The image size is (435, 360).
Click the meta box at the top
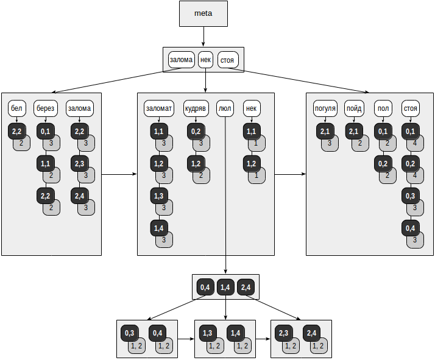coord(203,14)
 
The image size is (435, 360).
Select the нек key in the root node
coord(205,60)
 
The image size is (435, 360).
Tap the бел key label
coord(16,108)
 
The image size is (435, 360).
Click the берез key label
coord(45,108)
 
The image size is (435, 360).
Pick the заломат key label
coord(159,108)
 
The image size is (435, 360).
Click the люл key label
coord(225,108)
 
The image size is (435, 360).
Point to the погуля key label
coord(325,108)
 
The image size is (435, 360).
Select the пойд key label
coord(353,108)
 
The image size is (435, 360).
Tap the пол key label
coord(383,108)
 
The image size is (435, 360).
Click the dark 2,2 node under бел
coord(16,132)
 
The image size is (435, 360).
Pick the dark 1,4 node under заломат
coord(159,228)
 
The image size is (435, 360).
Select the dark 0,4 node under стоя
coord(410,228)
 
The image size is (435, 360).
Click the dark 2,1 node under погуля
coord(325,132)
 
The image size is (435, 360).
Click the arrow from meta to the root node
coord(203,37)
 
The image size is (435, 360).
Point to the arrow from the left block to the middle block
coord(119,174)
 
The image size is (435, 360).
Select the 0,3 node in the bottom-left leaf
coord(130,333)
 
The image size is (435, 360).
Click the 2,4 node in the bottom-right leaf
coord(311,333)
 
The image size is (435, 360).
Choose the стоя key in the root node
coord(228,60)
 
